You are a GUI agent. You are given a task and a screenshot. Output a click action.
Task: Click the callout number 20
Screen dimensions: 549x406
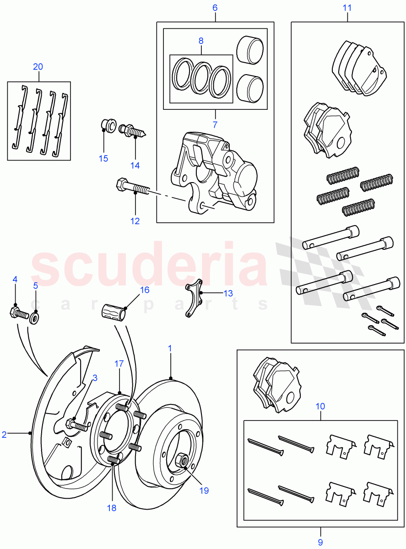pos(38,67)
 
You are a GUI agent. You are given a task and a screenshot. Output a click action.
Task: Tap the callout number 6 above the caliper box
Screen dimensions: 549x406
pos(215,8)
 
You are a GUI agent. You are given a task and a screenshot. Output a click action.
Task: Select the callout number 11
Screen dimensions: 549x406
pos(347,8)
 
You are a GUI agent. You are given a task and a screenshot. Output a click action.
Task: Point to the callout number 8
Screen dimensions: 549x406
pos(200,41)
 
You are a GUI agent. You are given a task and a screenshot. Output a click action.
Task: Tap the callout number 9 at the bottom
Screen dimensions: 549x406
pos(320,542)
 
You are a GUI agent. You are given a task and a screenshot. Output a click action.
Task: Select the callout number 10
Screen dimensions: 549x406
pos(320,406)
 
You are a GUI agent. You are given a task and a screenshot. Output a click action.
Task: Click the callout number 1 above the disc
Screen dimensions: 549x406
pos(170,348)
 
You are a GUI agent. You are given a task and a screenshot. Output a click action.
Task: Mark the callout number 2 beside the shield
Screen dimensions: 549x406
pos(4,435)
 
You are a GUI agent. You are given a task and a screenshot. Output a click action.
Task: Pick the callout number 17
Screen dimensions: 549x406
pos(119,364)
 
